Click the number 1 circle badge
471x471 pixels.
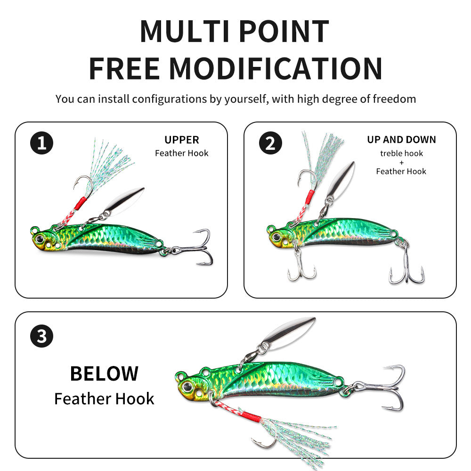pyautogui.click(x=42, y=143)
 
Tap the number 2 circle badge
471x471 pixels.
pyautogui.click(x=270, y=143)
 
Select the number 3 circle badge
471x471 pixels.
pyautogui.click(x=42, y=336)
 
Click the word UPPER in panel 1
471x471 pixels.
pyautogui.click(x=182, y=140)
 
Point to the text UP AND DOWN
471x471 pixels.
pyautogui.click(x=401, y=140)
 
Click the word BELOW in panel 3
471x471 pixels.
pyautogui.click(x=104, y=374)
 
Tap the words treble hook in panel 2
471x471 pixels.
pyautogui.click(x=401, y=154)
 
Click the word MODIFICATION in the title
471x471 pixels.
pyautogui.click(x=276, y=68)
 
